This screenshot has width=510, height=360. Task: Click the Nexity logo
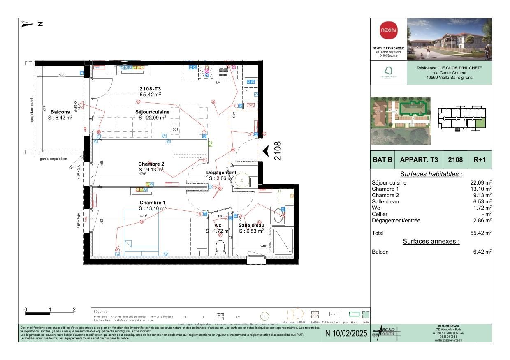point(388,31)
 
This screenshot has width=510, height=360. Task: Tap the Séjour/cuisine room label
point(152,112)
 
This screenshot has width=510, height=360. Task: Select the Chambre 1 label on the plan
point(152,203)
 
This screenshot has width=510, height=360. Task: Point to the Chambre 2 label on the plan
point(151,164)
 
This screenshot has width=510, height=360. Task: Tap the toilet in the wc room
point(220,247)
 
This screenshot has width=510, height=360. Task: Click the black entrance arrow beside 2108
point(266,151)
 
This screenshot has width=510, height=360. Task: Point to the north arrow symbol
point(28,24)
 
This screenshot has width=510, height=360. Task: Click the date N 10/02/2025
point(346,333)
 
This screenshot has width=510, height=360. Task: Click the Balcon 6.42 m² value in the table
point(482,252)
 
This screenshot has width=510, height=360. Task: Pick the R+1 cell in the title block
point(480,160)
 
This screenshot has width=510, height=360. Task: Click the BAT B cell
point(382,160)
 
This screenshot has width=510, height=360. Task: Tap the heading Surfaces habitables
point(431,174)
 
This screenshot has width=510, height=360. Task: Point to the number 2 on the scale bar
point(74,309)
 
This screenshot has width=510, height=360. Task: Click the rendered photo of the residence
point(449,39)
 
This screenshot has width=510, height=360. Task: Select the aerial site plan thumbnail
point(401,120)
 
